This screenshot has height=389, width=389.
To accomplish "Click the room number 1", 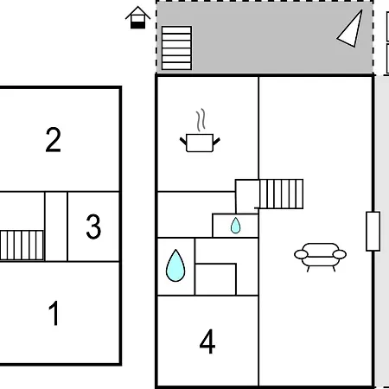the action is pyautogui.click(x=54, y=313).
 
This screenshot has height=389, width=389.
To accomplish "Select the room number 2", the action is pyautogui.click(x=54, y=139).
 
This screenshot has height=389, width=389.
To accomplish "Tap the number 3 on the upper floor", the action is pyautogui.click(x=93, y=226).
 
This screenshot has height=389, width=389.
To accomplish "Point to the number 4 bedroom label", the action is pyautogui.click(x=207, y=341).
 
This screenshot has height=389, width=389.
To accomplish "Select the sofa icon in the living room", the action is pyautogui.click(x=320, y=258).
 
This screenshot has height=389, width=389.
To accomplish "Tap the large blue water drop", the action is pyautogui.click(x=175, y=265).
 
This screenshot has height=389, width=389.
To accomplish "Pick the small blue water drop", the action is pyautogui.click(x=235, y=226).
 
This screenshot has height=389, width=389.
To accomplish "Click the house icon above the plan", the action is pyautogui.click(x=137, y=17).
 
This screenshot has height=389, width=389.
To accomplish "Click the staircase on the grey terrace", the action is pyautogui.click(x=176, y=48).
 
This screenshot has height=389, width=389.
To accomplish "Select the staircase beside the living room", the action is pyautogui.click(x=281, y=194).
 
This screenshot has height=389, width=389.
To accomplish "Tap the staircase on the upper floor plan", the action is pyautogui.click(x=22, y=246).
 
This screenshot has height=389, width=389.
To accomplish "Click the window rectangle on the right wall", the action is pyautogui.click(x=373, y=232).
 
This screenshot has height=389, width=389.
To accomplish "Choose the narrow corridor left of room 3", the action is pyautogui.click(x=56, y=226).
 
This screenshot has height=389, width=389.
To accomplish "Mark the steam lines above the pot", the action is pyautogui.click(x=201, y=119).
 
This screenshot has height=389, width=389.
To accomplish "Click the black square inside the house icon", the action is pyautogui.click(x=137, y=25).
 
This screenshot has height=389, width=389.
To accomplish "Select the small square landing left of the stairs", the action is pyautogui.click(x=247, y=196).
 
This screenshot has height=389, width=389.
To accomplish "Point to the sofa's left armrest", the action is pyautogui.click(x=301, y=254).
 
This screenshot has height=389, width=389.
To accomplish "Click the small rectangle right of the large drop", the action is pyautogui.click(x=215, y=279).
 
